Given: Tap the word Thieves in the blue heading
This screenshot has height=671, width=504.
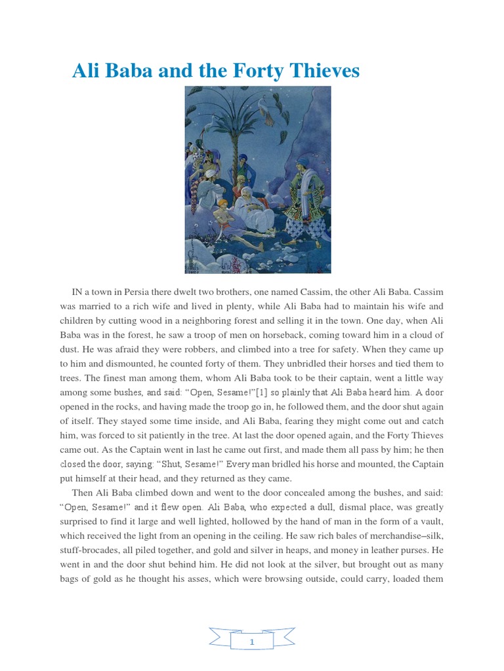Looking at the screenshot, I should pyautogui.click(x=320, y=71).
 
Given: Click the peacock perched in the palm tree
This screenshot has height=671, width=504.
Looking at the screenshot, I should pyautogui.click(x=267, y=111).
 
